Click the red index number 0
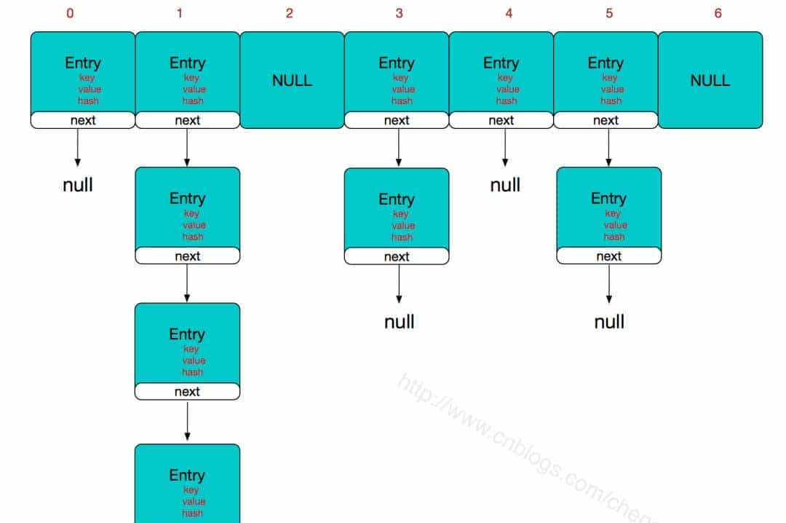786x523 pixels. pyautogui.click(x=70, y=13)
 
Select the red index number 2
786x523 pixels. pyautogui.click(x=289, y=13)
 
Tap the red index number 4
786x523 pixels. pyautogui.click(x=509, y=13)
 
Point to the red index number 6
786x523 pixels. pyautogui.click(x=718, y=13)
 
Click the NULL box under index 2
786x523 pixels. pyautogui.click(x=292, y=80)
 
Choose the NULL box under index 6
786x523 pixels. pyautogui.click(x=710, y=80)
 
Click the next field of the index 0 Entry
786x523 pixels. pyautogui.click(x=83, y=120)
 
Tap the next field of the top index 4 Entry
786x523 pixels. pyautogui.click(x=501, y=120)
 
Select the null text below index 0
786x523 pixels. pyautogui.click(x=78, y=185)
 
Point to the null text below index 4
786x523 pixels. pyautogui.click(x=505, y=185)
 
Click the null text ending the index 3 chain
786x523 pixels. pyautogui.click(x=400, y=321)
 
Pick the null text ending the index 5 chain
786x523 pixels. pyautogui.click(x=609, y=321)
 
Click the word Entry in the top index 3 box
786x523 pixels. pyautogui.click(x=397, y=63)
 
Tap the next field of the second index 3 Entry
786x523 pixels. pyautogui.click(x=397, y=256)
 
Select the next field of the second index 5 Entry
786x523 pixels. pyautogui.click(x=609, y=256)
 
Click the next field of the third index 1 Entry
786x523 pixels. pyautogui.click(x=187, y=392)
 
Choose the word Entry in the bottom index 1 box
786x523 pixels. pyautogui.click(x=187, y=475)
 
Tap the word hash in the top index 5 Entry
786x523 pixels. pyautogui.click(x=611, y=101)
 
